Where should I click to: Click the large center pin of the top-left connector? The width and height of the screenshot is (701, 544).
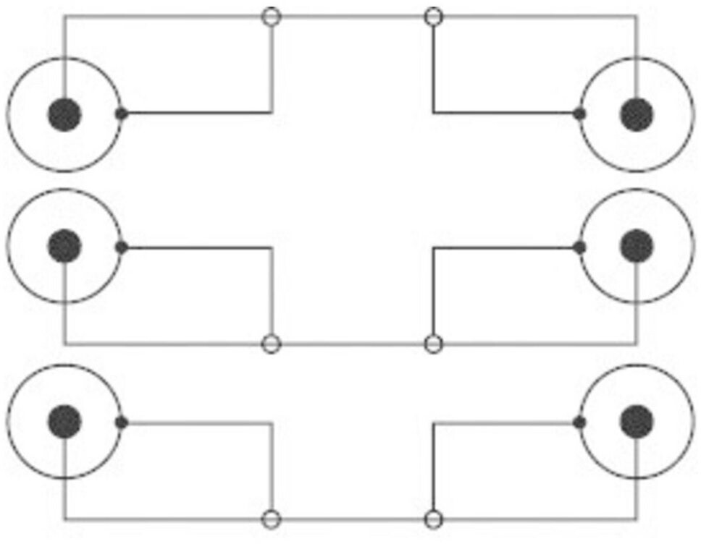(64, 115)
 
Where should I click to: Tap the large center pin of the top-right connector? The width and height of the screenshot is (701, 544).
(637, 115)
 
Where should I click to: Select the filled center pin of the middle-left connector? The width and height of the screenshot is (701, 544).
(64, 247)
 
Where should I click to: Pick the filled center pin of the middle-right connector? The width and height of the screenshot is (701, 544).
(637, 247)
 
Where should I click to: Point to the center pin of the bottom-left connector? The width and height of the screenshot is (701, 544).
(64, 422)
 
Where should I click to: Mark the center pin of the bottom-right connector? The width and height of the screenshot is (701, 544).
(637, 422)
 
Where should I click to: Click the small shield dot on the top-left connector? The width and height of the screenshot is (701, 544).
(122, 114)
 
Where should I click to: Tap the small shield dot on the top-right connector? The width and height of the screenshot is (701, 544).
(579, 114)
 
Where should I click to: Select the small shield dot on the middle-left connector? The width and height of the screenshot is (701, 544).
(122, 247)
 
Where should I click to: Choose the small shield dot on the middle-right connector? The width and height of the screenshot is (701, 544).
(579, 247)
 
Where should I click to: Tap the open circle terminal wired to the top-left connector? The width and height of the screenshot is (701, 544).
(271, 16)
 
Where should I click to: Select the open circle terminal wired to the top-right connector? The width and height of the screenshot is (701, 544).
(433, 16)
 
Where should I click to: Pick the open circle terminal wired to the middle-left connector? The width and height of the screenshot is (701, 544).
(271, 344)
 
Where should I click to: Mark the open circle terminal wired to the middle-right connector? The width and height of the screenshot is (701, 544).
(433, 344)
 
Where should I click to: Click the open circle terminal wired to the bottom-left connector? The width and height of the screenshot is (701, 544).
(271, 519)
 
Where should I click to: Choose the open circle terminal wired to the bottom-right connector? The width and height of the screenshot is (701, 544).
(433, 519)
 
